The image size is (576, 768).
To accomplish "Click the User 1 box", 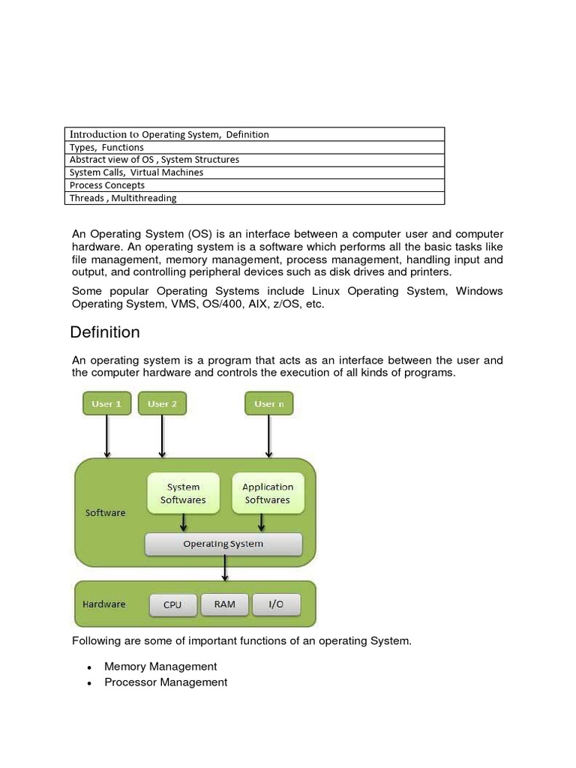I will click(x=106, y=403).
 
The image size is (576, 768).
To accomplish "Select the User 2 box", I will click(x=162, y=403).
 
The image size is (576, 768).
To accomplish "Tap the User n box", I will click(x=268, y=403).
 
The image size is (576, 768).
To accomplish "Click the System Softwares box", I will click(x=183, y=493).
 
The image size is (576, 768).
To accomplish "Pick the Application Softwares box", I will click(x=268, y=493).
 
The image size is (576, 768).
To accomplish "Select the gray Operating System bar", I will click(x=223, y=544).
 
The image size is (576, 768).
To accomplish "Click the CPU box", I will click(x=172, y=604).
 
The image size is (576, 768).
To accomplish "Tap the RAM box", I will click(x=224, y=604).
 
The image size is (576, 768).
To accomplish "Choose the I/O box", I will click(x=276, y=604).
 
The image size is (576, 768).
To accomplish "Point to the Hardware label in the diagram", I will click(x=103, y=604).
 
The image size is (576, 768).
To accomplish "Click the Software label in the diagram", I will click(x=105, y=513).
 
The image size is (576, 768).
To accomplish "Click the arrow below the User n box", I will click(x=268, y=436).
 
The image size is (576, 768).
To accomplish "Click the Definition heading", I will click(x=105, y=332).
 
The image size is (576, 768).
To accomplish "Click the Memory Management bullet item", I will click(x=160, y=666).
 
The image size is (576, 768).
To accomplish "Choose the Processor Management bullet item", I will click(x=166, y=682).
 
